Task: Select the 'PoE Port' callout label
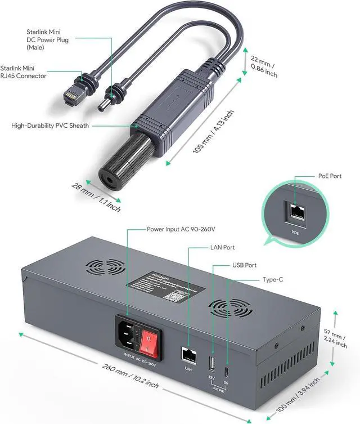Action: coord(329,176)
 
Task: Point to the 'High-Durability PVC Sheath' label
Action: coord(50,126)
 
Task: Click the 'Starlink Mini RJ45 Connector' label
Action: coord(31,72)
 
